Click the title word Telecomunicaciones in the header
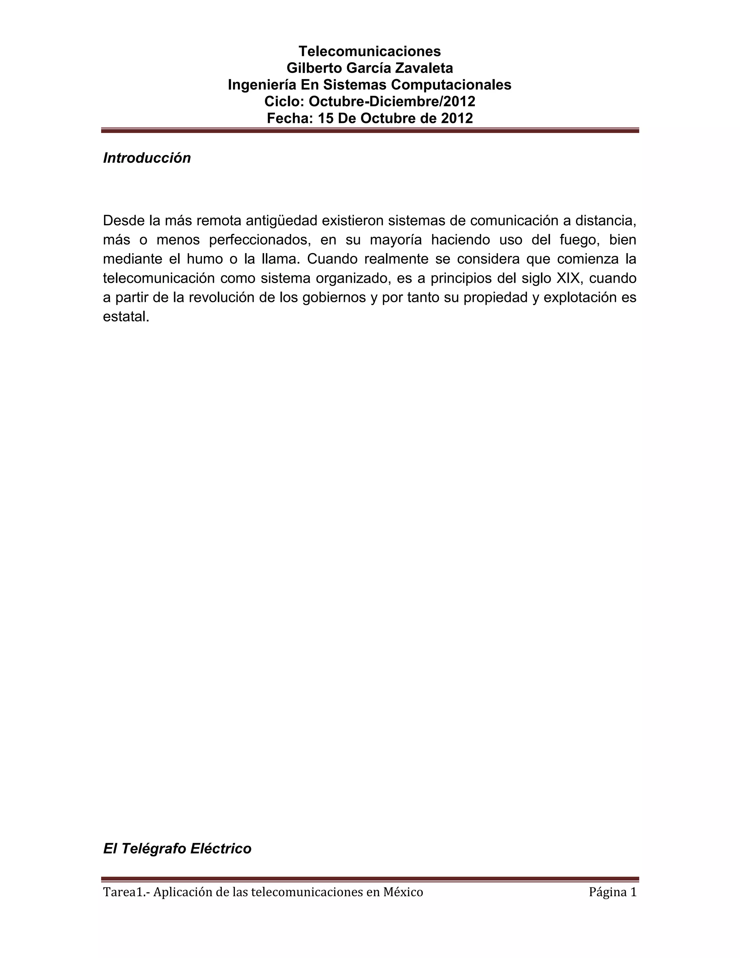point(370,51)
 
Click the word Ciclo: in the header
point(284,101)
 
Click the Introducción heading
point(147,158)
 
